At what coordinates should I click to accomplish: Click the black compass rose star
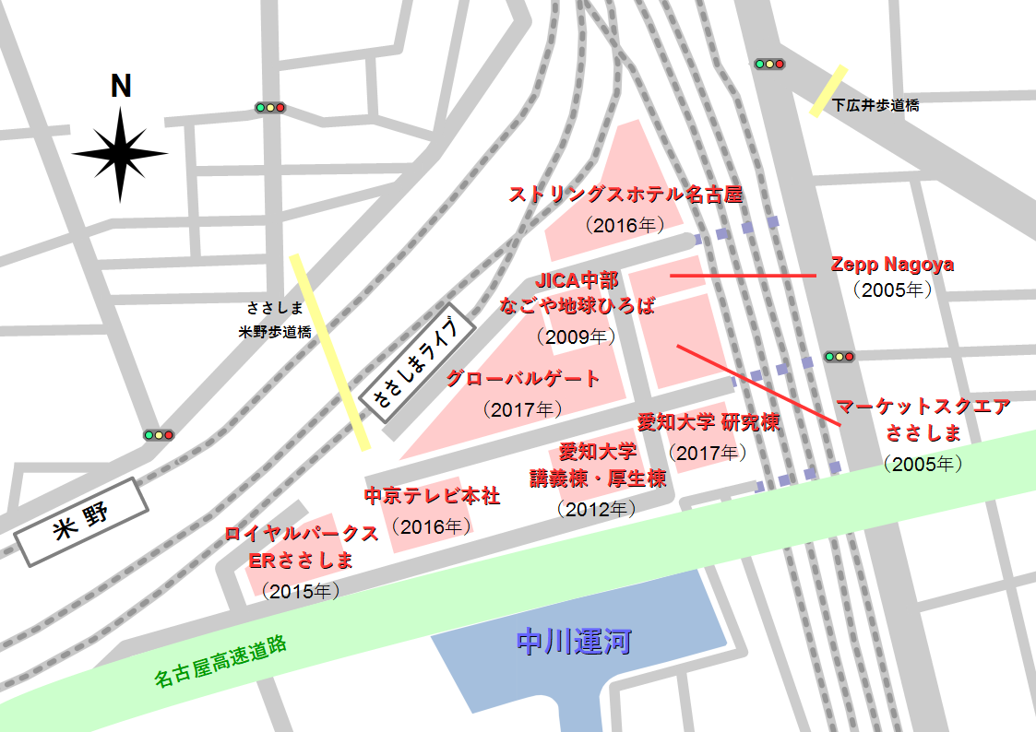coord(120,154)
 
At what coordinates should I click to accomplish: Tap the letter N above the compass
coord(121,86)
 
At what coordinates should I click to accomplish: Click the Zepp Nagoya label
coord(892,265)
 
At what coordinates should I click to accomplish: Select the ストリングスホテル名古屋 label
coord(625,195)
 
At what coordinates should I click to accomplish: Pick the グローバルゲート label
coord(523,379)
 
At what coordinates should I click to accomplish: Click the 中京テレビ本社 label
coord(432,496)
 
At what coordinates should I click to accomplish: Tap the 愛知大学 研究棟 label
coord(709,423)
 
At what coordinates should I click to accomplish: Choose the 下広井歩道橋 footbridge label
coord(875,105)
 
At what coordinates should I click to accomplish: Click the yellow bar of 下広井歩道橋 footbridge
coord(828,90)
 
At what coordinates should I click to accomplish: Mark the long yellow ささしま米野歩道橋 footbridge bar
coord(329,351)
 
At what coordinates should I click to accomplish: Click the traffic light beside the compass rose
coord(270,108)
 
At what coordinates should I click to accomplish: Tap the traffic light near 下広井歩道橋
coord(768,65)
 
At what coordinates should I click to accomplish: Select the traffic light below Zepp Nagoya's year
coord(839,356)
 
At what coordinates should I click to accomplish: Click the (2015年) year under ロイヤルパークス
coord(301,589)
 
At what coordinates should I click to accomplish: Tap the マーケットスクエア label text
coord(923,407)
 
